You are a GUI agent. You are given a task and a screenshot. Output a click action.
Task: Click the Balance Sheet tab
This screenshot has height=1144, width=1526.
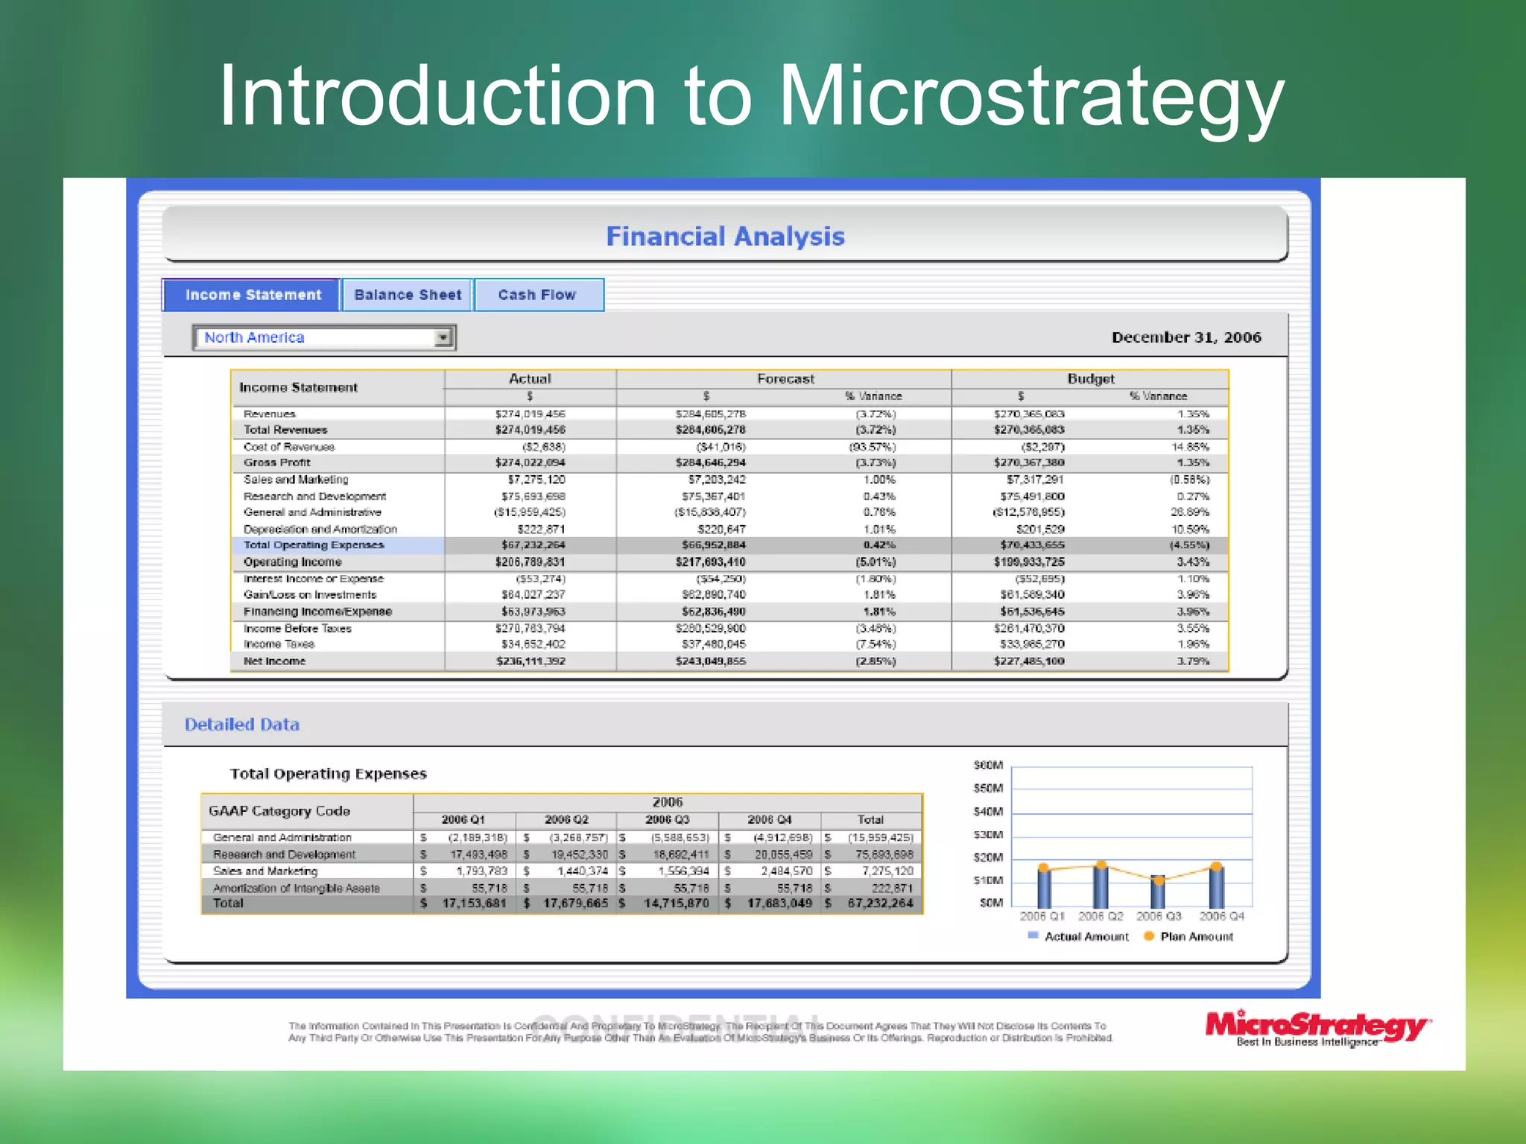click(408, 295)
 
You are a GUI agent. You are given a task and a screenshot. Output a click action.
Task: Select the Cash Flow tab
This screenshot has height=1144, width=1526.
click(537, 295)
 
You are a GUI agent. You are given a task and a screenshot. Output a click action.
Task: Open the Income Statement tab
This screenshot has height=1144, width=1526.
click(253, 295)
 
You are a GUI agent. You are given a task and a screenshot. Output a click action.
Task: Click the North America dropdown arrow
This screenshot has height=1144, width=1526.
click(443, 338)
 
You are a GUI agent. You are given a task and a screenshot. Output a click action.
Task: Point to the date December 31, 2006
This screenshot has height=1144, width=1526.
click(1186, 337)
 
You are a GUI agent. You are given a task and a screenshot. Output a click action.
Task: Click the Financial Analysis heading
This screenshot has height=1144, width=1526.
click(725, 237)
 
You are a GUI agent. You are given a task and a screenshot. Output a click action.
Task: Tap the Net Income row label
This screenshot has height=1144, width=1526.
click(274, 661)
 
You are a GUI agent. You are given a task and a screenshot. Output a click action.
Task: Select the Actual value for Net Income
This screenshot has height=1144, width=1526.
click(531, 661)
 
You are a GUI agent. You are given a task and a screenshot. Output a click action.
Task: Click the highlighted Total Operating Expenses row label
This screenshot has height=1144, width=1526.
click(314, 545)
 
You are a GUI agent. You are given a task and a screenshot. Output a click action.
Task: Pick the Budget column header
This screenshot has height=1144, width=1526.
click(1090, 378)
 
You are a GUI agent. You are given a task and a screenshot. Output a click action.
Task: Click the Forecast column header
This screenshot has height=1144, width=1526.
click(785, 378)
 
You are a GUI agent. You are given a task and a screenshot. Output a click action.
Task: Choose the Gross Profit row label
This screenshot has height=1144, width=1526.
click(276, 463)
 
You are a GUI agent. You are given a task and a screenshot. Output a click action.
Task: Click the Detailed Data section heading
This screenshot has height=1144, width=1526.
click(242, 725)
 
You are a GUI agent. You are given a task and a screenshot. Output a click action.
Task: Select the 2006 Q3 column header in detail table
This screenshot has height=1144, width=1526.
click(667, 819)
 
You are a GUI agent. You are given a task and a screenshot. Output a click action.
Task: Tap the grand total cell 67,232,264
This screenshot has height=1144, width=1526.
click(880, 903)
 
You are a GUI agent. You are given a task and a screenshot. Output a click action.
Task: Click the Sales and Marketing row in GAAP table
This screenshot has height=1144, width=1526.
click(265, 871)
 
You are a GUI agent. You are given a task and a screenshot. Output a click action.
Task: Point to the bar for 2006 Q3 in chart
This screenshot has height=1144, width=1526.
click(1157, 892)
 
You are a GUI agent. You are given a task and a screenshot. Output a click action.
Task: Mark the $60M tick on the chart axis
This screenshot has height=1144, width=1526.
click(988, 766)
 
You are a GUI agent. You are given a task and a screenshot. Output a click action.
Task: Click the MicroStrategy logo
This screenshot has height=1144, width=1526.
click(1316, 1028)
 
